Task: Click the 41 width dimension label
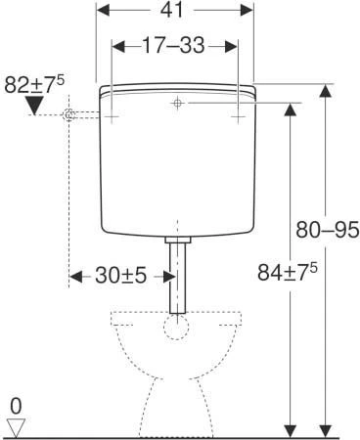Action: (172, 11)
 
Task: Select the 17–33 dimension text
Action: (174, 45)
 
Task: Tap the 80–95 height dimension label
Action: (327, 230)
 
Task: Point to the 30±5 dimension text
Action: (121, 276)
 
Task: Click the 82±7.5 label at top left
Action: (34, 84)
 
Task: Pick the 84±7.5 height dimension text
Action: (288, 272)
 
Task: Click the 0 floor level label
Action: (16, 407)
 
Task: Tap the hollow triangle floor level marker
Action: (17, 428)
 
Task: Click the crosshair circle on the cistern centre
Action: (177, 103)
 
